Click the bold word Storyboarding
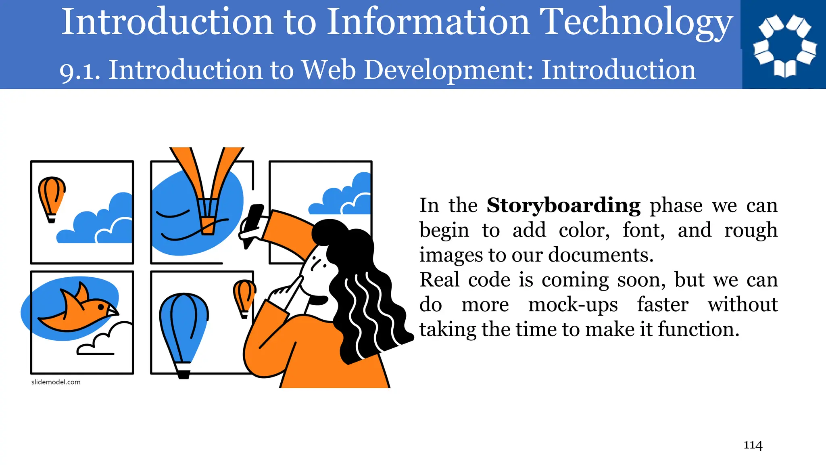pyautogui.click(x=563, y=205)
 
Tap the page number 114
pyautogui.click(x=753, y=445)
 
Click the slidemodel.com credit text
pyautogui.click(x=56, y=382)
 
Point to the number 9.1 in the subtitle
pyautogui.click(x=79, y=71)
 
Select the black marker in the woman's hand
pyautogui.click(x=252, y=224)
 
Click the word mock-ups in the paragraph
pyautogui.click(x=573, y=305)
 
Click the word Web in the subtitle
pyautogui.click(x=329, y=70)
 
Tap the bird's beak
pyautogui.click(x=113, y=311)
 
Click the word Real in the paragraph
pyautogui.click(x=439, y=280)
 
